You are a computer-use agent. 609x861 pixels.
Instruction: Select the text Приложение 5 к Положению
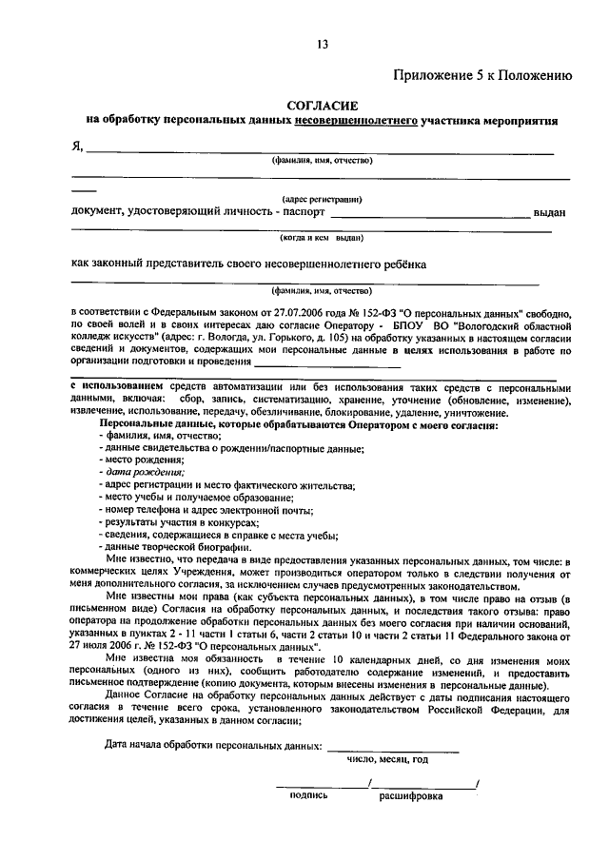pos(482,75)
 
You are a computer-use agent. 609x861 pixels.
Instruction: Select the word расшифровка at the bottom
pos(411,796)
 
